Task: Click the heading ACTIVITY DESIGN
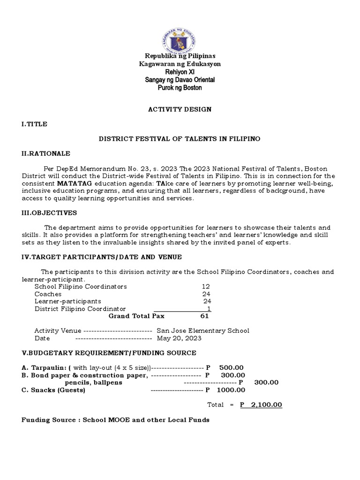click(180, 109)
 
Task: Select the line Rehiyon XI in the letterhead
click(180, 72)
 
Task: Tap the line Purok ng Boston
click(180, 88)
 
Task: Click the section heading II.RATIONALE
click(46, 153)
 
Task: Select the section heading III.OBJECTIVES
click(49, 213)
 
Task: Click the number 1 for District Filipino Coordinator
click(209, 309)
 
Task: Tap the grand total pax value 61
click(204, 316)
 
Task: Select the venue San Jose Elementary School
click(202, 330)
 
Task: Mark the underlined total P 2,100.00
click(261, 405)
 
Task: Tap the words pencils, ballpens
click(93, 382)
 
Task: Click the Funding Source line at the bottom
click(115, 420)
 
